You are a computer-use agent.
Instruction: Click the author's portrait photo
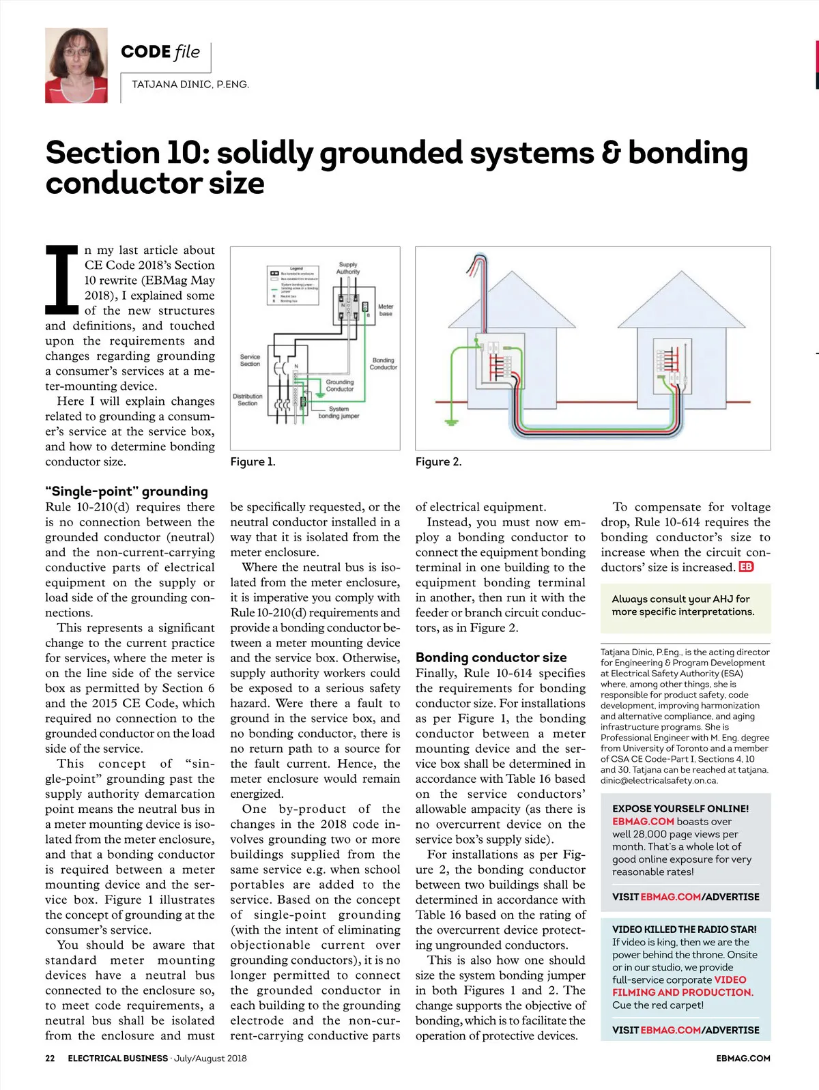76,66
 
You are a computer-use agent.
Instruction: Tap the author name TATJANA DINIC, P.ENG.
190,85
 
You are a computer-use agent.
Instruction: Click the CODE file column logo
160,52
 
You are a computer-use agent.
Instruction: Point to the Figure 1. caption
253,462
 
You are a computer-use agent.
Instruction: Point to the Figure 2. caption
438,462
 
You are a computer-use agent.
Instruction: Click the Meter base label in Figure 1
386,310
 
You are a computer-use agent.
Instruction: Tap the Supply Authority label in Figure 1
348,268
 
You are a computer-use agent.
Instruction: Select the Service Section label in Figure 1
250,360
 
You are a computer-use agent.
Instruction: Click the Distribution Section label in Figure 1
248,399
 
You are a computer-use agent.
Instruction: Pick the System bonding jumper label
339,412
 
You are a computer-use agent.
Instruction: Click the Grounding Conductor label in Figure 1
340,385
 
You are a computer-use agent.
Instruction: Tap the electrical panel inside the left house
499,359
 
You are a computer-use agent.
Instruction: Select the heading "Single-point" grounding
126,491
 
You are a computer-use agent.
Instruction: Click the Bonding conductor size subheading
491,657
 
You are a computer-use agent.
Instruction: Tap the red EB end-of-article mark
746,567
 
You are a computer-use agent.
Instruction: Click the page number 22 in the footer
50,1059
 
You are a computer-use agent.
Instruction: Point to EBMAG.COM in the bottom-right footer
743,1059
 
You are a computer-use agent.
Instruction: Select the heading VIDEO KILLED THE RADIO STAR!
684,930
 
